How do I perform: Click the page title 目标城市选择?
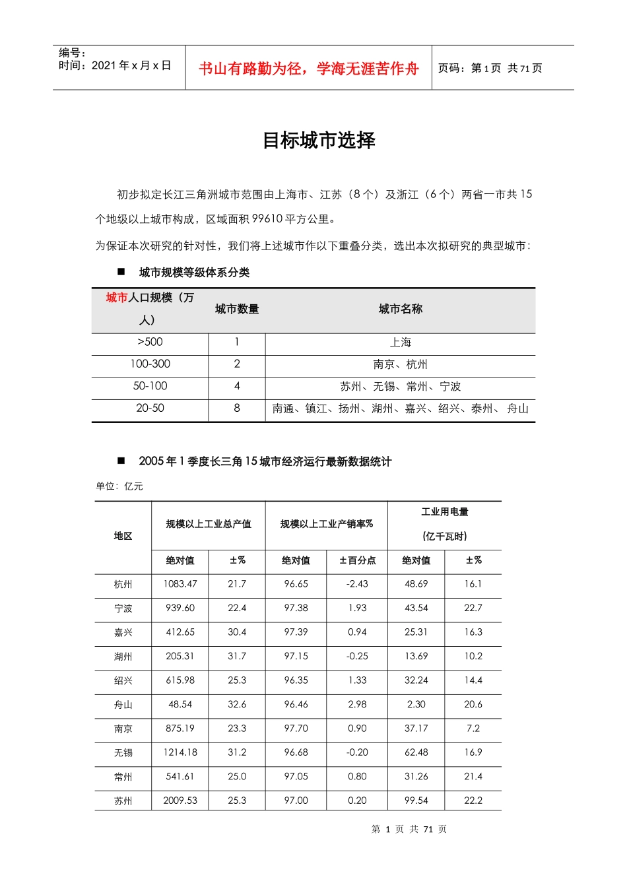pos(319,141)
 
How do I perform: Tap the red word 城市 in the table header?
pos(116,298)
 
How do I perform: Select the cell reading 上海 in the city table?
pos(400,343)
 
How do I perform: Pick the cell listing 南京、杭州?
pos(400,364)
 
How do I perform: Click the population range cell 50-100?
pos(150,386)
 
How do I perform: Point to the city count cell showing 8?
pos(237,409)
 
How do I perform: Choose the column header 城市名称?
pos(400,309)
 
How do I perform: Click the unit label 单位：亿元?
pos(119,486)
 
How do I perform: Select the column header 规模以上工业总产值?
pos(209,524)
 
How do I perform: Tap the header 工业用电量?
pos(445,512)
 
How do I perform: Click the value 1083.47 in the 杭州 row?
pos(180,584)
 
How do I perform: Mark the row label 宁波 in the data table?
pos(123,608)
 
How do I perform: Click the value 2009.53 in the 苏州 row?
pos(180,801)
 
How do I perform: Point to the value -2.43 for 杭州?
pos(357,584)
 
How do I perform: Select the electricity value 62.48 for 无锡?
pos(416,752)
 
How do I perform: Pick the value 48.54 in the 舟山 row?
pos(180,704)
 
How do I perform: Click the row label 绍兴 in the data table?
pos(123,680)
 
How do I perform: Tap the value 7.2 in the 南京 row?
pos(473,729)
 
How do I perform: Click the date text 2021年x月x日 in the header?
pos(131,65)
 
